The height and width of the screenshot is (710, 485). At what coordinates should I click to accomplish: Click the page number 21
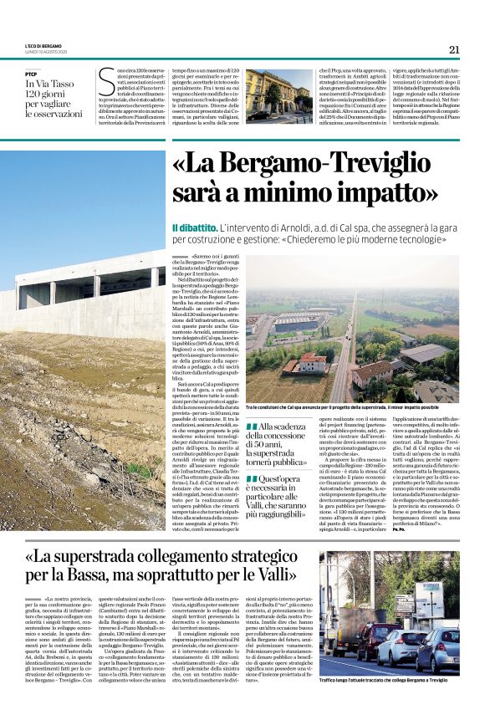coord(454,49)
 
